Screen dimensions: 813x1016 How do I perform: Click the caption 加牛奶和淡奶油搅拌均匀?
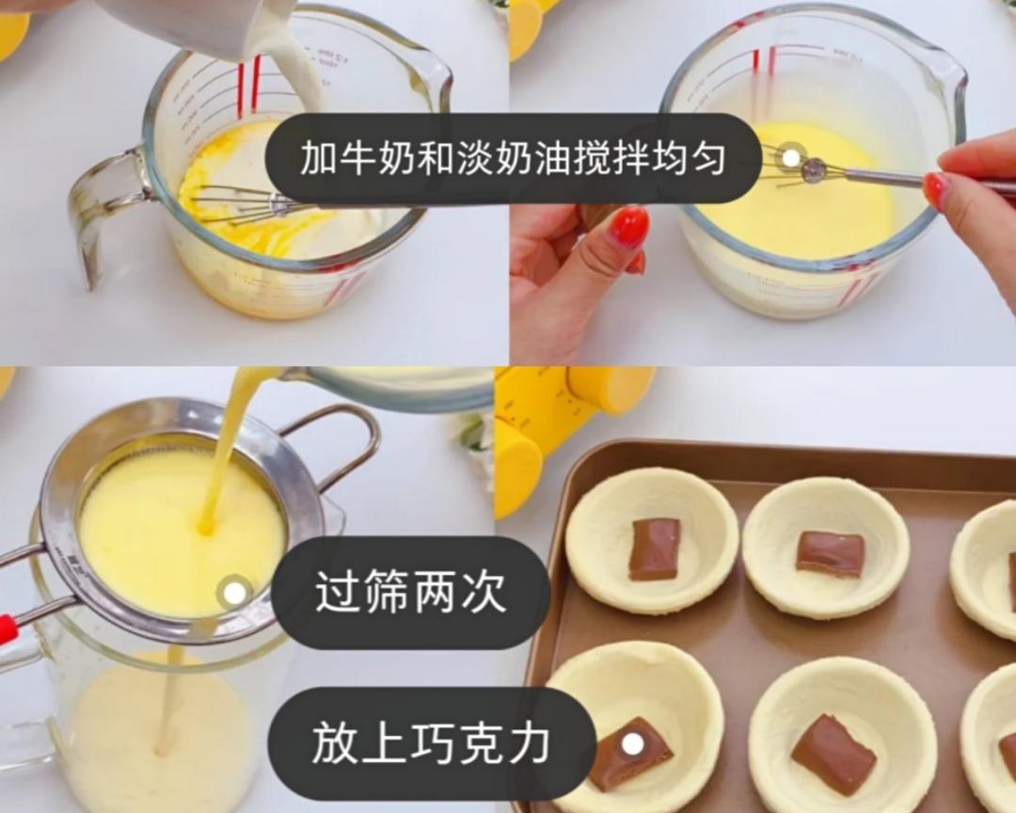pyautogui.click(x=513, y=159)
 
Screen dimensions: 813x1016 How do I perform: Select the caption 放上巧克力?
pyautogui.click(x=431, y=743)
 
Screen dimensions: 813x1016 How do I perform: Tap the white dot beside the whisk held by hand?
pyautogui.click(x=791, y=157)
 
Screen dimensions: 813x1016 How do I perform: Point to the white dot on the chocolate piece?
pyautogui.click(x=633, y=744)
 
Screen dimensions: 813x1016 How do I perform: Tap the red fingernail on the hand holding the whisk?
pyautogui.click(x=936, y=190)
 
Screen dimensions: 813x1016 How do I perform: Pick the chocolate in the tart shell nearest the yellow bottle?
pyautogui.click(x=654, y=548)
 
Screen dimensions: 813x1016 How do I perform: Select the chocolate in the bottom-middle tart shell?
pyautogui.click(x=832, y=753)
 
